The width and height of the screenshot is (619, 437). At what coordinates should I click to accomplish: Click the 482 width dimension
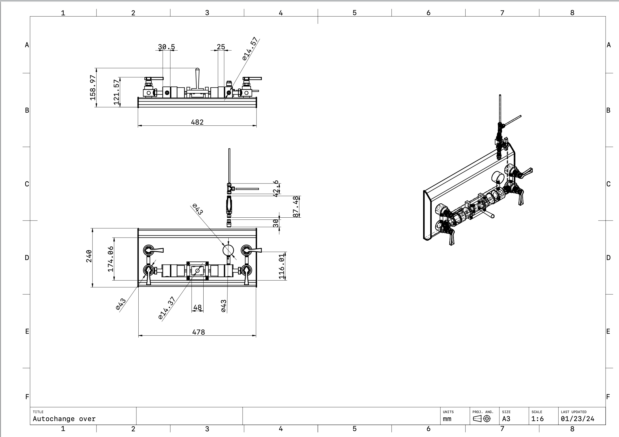click(x=197, y=122)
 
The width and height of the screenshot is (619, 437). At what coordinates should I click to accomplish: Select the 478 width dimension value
click(x=198, y=332)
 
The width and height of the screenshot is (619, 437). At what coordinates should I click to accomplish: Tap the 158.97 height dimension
click(x=93, y=88)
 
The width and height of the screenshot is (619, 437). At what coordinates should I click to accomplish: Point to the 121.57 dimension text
click(x=116, y=92)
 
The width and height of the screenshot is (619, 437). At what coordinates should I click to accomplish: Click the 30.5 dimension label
click(x=167, y=47)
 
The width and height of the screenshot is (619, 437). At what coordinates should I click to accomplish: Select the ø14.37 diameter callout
click(x=167, y=308)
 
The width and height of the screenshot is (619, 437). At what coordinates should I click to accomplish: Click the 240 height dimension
click(x=89, y=256)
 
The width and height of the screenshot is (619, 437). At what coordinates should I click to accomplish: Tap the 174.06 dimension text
click(x=110, y=259)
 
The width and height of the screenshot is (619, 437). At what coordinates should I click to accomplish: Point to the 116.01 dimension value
click(x=282, y=267)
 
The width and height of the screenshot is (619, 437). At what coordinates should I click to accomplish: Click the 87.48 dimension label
click(x=296, y=207)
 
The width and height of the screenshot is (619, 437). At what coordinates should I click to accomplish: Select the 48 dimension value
click(x=197, y=308)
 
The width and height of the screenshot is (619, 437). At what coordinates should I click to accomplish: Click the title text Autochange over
click(x=64, y=419)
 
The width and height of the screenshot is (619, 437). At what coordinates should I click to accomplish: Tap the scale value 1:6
click(x=537, y=419)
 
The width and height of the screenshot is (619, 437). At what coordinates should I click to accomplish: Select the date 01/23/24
click(x=577, y=419)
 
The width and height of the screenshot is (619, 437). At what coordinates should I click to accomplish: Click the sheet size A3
click(x=506, y=419)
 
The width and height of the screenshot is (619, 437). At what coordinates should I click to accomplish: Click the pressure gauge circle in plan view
click(x=228, y=250)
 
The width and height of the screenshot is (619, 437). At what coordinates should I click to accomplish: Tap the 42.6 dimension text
click(x=275, y=188)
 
